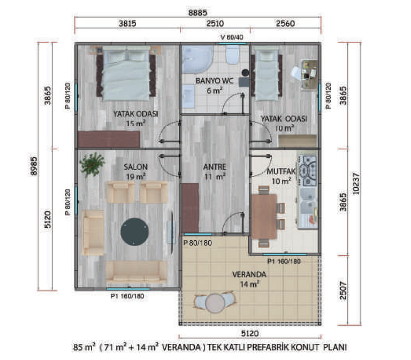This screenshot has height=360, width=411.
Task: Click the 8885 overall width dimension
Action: click(197, 13)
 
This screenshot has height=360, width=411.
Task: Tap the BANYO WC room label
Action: click(215, 81)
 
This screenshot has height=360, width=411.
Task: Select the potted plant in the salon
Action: click(92, 164)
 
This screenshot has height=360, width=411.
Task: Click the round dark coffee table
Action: click(134, 232)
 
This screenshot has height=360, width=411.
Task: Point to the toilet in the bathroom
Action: click(232, 56)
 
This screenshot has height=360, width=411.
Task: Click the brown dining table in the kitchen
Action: click(264, 217)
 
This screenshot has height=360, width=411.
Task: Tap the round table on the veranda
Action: click(215, 303)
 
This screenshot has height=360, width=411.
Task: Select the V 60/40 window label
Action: click(232, 37)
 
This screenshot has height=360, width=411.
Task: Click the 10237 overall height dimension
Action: click(356, 183)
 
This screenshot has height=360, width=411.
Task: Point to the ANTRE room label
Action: click(215, 167)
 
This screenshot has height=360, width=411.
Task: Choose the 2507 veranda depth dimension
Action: click(343, 290)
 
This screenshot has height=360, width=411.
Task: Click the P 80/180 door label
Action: click(197, 243)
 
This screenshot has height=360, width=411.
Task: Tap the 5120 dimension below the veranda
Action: click(250, 333)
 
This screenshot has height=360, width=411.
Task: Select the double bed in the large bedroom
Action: click(126, 74)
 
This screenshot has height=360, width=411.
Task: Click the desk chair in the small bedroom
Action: click(296, 73)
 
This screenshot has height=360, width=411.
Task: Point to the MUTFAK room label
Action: click(281, 172)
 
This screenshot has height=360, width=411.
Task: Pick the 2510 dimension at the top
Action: click(215, 24)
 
